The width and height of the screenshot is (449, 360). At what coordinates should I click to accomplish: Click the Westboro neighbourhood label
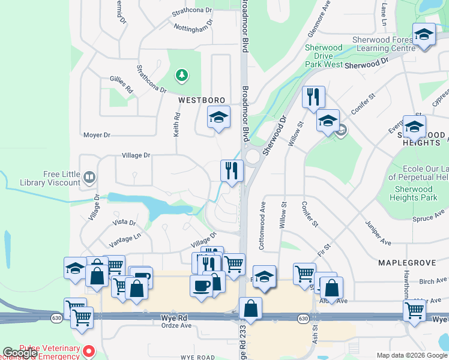(201, 100)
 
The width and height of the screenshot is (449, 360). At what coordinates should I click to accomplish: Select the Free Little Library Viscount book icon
(89, 177)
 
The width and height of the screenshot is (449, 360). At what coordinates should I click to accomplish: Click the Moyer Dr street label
(97, 135)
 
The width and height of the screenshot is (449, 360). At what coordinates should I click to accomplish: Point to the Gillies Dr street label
(121, 85)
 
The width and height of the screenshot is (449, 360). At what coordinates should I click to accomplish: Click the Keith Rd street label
(177, 125)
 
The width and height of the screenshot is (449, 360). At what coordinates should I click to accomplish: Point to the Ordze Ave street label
(176, 326)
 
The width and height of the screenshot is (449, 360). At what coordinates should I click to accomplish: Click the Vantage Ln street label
(125, 241)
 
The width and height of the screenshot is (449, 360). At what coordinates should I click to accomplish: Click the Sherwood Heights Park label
(413, 193)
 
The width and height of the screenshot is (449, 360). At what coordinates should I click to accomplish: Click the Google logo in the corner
(20, 353)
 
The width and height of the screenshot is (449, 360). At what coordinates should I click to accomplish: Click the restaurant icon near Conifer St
(313, 97)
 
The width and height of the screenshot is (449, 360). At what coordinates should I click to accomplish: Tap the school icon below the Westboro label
(218, 117)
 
